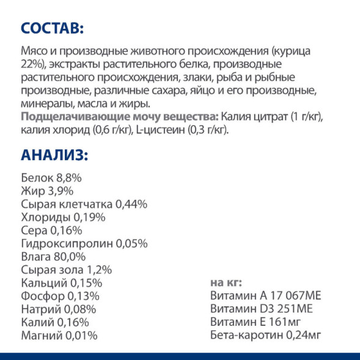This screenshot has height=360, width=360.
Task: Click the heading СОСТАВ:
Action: pyautogui.click(x=51, y=29)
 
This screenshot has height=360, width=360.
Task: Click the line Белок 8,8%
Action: pyautogui.click(x=51, y=177)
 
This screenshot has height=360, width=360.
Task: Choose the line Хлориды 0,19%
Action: pyautogui.click(x=63, y=217)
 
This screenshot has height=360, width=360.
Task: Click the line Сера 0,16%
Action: pyautogui.click(x=51, y=230)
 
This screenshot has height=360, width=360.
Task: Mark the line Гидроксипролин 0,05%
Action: pyautogui.click(x=84, y=243)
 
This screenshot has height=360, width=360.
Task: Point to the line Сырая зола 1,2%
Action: pyautogui.click(x=66, y=270)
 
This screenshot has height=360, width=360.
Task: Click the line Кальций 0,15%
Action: pyautogui.click(x=61, y=283)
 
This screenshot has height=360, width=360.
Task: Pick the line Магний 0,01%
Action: pyautogui.click(x=59, y=335)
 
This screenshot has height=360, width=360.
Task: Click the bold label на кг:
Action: pyautogui.click(x=226, y=282)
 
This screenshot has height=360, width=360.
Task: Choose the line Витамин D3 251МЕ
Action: pyautogui.click(x=261, y=309)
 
